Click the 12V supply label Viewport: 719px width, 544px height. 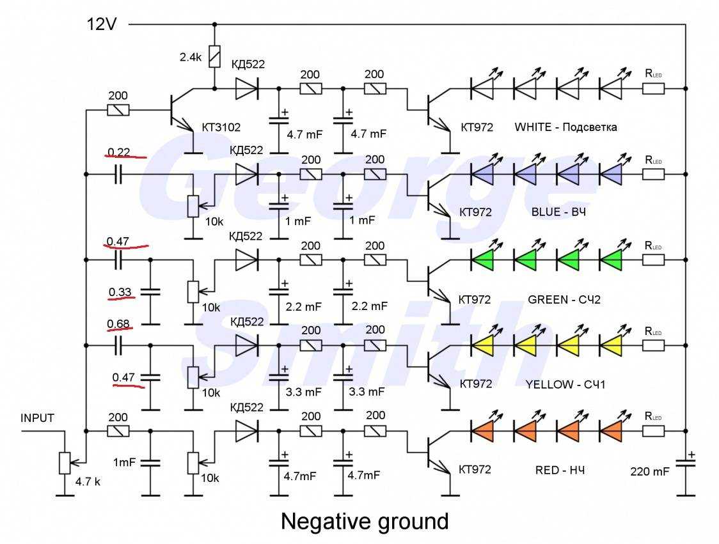coord(102,24)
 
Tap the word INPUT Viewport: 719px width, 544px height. coord(38,419)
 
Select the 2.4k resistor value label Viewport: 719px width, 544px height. coord(191,57)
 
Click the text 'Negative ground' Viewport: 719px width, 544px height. coord(365,522)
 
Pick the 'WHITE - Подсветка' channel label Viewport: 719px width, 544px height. coord(565,127)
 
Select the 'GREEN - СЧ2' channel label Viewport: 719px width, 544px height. coord(565,299)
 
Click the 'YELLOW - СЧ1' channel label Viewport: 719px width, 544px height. coord(565,384)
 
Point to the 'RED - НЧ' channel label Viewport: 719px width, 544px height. coord(560,470)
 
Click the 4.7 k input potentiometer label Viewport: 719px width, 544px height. coord(87,483)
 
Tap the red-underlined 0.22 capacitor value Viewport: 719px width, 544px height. coord(118,152)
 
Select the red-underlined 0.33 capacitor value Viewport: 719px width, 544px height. coord(120,293)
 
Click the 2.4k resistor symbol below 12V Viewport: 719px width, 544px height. coord(215,57)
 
